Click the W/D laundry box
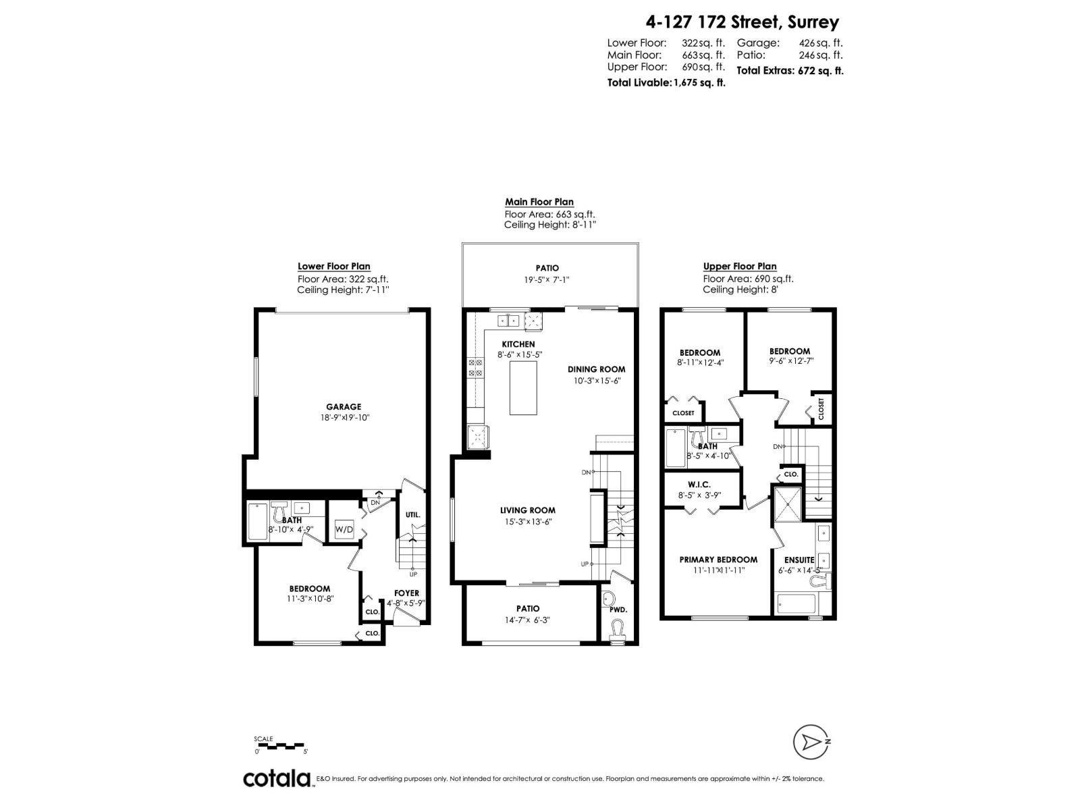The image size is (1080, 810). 344,529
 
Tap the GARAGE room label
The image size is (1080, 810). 344,407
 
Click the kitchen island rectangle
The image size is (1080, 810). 524,388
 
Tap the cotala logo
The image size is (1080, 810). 277,778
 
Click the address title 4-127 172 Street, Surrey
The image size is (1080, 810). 742,22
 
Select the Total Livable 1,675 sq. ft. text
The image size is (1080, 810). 666,83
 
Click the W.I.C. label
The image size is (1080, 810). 699,485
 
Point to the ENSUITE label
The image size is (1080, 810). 799,560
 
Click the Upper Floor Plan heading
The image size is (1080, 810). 739,267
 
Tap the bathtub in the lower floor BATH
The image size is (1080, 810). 258,522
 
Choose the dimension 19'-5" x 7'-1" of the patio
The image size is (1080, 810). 547,279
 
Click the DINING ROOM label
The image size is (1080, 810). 596,369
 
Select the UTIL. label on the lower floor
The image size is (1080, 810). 412,515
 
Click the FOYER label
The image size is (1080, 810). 407,593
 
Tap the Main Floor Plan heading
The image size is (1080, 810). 539,202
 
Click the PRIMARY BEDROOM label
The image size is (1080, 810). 718,560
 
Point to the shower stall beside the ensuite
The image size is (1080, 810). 788,504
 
